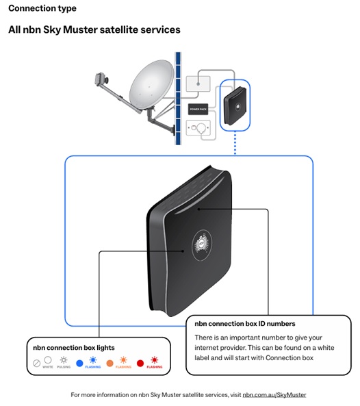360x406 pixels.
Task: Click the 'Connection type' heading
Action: (x=42, y=9)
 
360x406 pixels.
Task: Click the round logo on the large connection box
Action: (x=203, y=240)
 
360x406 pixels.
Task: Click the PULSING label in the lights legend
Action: (x=63, y=367)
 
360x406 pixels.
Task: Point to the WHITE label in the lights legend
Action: (x=47, y=367)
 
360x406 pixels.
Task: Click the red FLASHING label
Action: (x=155, y=367)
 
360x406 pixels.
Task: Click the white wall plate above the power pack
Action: (x=198, y=84)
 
